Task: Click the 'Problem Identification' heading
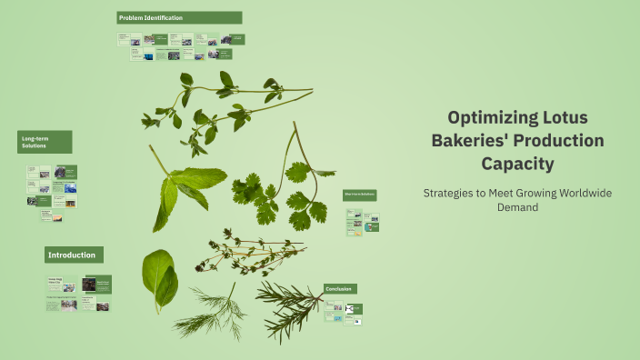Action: click(179, 17)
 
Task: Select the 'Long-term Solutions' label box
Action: click(44, 141)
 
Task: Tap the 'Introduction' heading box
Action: click(75, 255)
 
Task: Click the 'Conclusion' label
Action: click(340, 289)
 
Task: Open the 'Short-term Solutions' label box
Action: click(360, 195)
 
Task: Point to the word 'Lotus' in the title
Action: click(565, 118)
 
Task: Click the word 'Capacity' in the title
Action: click(516, 164)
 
